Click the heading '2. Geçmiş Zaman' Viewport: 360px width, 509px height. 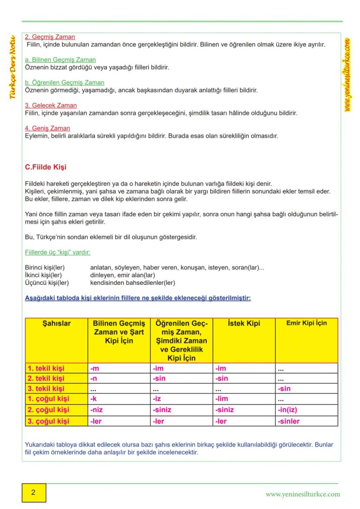[50, 37]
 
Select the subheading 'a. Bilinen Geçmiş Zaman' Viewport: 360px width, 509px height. [60, 60]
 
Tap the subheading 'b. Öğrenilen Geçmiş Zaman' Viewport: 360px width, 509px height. [65, 83]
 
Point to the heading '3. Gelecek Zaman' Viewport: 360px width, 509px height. [51, 105]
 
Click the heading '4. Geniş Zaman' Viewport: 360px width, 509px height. [47, 128]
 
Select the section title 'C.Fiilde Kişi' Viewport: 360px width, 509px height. [46, 167]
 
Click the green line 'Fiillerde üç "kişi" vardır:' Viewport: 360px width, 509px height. [58, 252]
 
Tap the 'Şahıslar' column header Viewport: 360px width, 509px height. [57, 323]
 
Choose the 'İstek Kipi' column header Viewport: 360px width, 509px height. [244, 323]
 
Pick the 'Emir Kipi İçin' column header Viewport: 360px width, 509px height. [307, 323]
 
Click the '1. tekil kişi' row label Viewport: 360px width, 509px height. [46, 369]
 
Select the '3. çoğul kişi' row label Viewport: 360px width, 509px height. [48, 421]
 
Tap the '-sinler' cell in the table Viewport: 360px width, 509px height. [289, 421]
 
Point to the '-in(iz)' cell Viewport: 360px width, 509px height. [287, 410]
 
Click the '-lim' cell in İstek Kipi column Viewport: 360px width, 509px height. [222, 399]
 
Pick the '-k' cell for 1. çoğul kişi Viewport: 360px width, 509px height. [93, 399]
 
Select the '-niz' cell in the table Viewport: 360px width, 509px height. [97, 410]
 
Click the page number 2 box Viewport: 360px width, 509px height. [33, 493]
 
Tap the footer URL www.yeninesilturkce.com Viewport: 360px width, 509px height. [303, 494]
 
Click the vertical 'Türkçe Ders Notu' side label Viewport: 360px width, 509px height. [13, 67]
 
